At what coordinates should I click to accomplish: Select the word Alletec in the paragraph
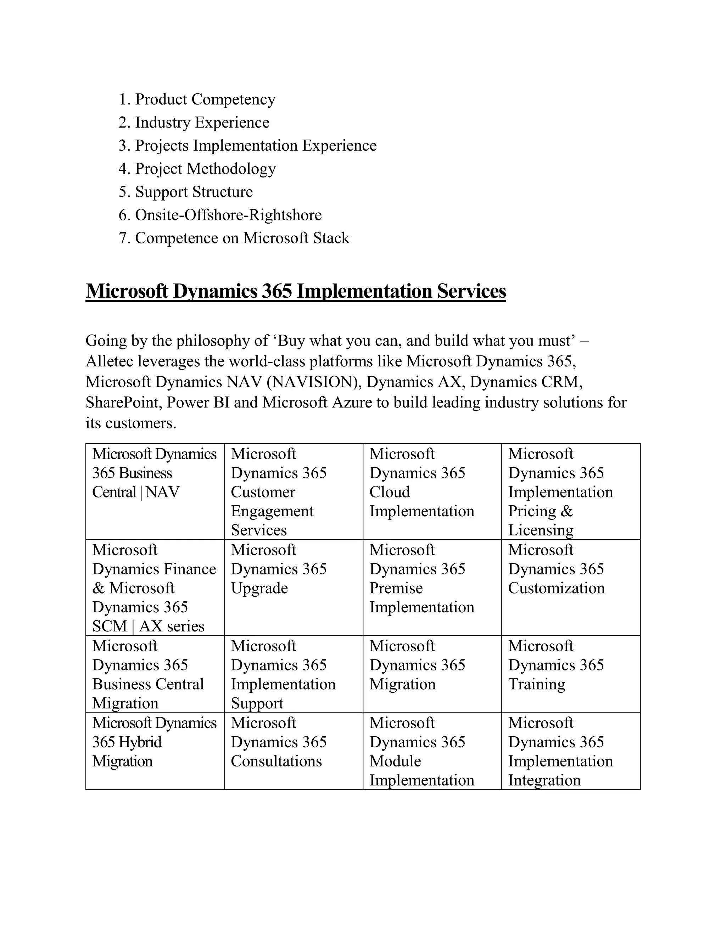tap(110, 361)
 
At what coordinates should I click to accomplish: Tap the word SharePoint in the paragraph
tap(124, 403)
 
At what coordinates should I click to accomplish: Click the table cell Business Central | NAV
tap(155, 473)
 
